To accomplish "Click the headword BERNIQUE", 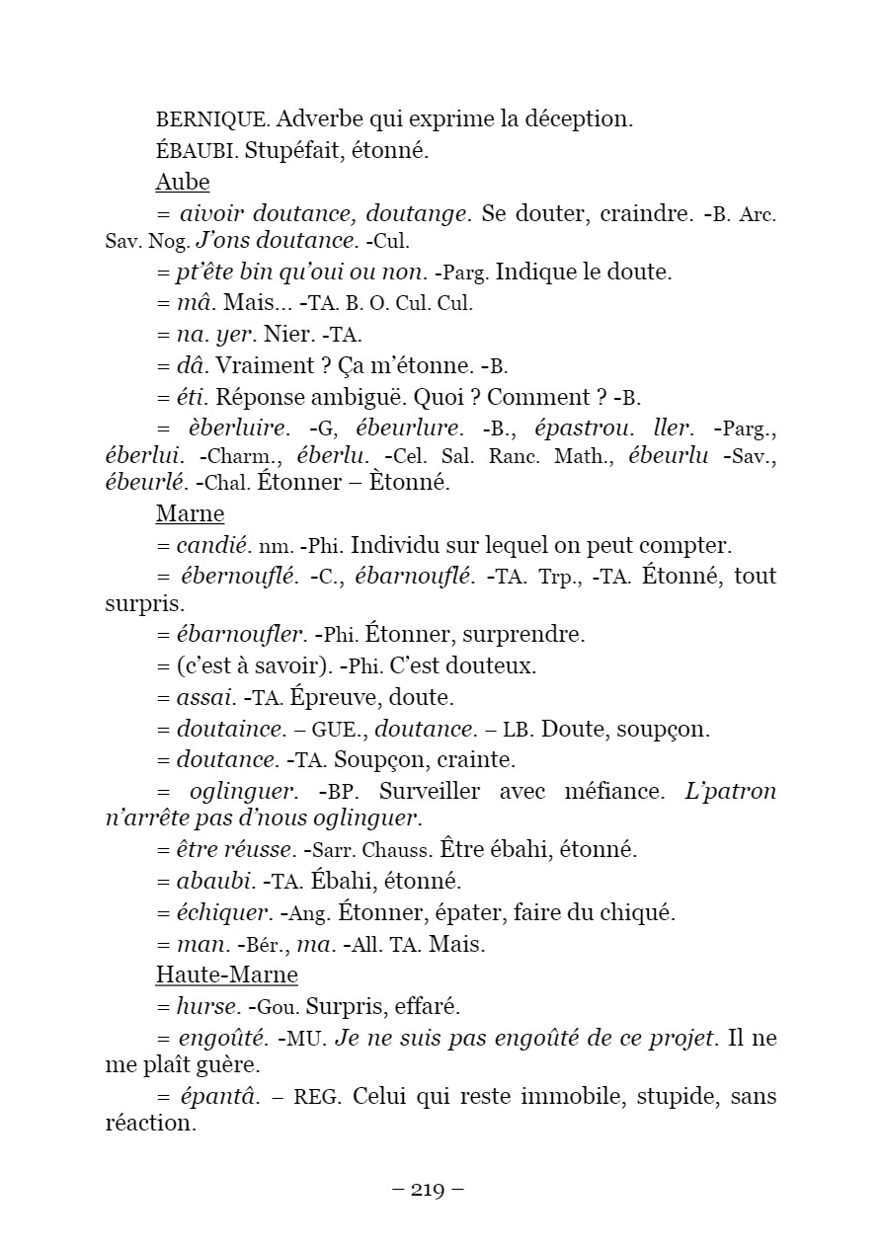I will [x=211, y=120].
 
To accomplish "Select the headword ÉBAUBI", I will [x=196, y=152].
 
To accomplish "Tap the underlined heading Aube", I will [x=183, y=183].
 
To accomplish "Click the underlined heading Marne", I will [x=190, y=514].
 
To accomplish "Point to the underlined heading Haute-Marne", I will [x=227, y=975].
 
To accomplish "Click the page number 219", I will [x=428, y=1189].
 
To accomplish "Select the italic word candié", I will [x=209, y=546].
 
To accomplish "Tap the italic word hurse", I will [x=207, y=1007].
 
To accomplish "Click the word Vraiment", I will [x=258, y=366].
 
